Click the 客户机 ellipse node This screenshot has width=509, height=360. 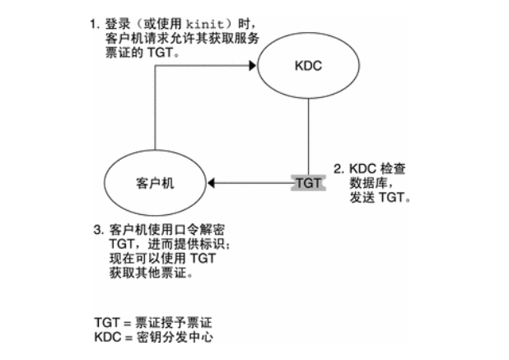tap(156, 182)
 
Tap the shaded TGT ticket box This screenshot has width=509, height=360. tap(307, 182)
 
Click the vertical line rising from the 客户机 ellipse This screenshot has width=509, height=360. tap(155, 115)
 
